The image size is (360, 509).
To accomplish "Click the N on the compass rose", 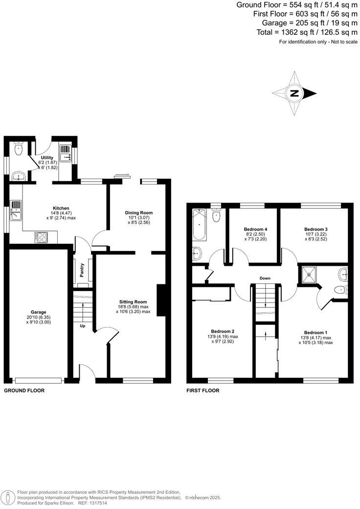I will coord(294,93).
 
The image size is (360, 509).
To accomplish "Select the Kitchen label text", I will coord(61,208).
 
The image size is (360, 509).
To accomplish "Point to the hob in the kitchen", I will coord(41,237).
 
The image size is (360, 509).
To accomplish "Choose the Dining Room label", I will coord(139,212).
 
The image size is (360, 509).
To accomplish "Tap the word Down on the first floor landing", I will coord(265,278).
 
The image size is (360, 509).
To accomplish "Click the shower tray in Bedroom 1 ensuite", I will coord(309,275).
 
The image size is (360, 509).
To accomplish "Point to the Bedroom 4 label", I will coord(255,229).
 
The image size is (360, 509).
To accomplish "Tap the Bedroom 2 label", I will coord(223,330).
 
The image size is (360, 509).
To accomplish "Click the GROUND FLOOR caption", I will coord(24,391).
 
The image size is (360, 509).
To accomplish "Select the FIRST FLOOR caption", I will coord(202,391).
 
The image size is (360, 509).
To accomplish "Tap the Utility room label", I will coord(47,157).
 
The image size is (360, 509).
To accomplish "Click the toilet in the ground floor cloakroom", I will coord(18,149).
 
